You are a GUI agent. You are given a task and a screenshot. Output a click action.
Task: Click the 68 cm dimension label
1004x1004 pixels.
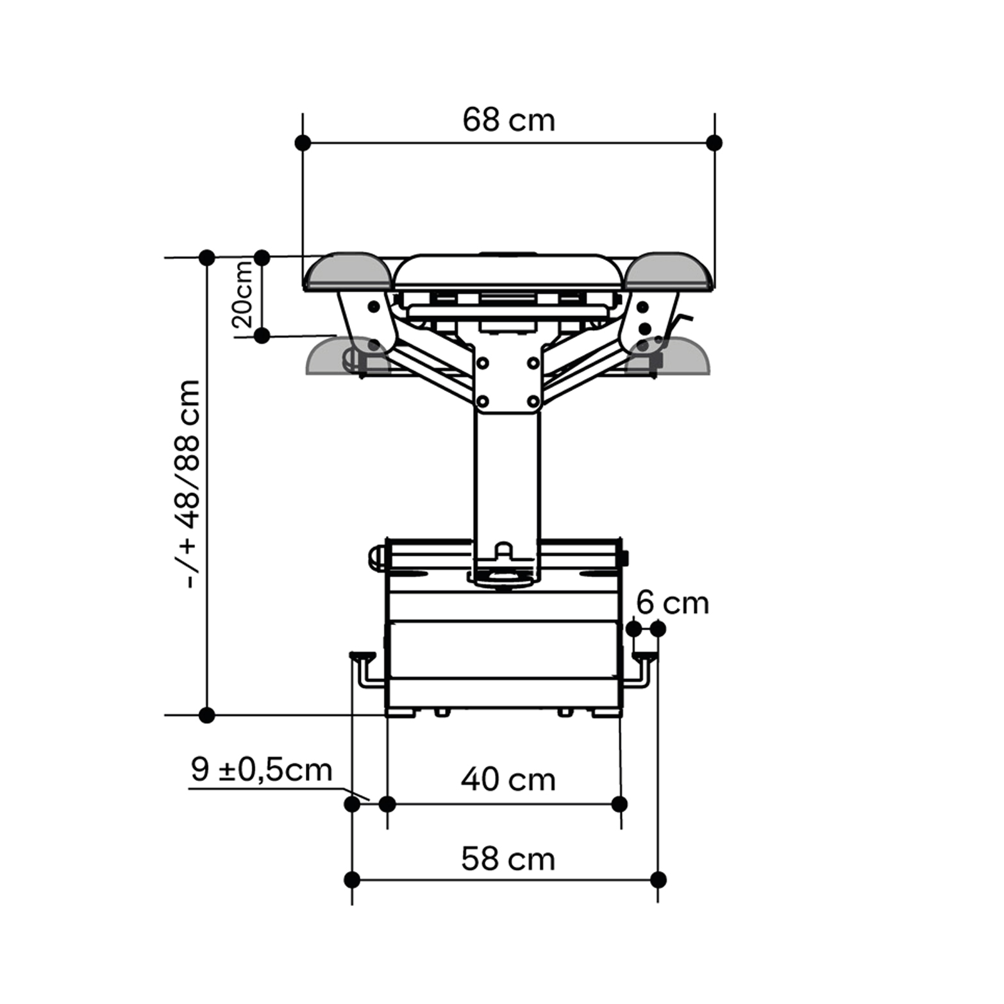point(508,120)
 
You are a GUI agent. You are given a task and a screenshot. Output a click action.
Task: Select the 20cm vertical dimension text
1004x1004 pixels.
point(244,294)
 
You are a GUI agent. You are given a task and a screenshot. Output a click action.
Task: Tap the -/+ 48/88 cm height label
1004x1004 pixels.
point(190,484)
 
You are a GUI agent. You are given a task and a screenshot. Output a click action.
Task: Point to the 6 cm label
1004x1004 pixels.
point(673,603)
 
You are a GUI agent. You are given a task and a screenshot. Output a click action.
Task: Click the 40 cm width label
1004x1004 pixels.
point(508,780)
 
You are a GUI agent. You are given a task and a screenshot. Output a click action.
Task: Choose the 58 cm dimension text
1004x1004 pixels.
point(508,859)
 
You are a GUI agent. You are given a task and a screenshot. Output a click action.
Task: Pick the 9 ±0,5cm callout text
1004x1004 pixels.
point(262,769)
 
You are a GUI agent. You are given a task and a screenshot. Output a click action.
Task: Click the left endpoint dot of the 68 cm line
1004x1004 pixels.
point(303,142)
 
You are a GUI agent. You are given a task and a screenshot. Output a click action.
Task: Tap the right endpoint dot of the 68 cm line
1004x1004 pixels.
point(714,142)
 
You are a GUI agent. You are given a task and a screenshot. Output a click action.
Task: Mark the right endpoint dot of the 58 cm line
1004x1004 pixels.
point(658,880)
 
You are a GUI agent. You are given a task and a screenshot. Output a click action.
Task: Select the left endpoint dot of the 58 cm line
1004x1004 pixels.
point(352,880)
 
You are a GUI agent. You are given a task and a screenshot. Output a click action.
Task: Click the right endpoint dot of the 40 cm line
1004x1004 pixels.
point(619,804)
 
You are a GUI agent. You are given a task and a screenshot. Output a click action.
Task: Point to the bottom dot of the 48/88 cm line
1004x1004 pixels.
point(206,715)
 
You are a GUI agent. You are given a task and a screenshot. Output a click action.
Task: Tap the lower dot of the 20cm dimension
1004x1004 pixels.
point(262,335)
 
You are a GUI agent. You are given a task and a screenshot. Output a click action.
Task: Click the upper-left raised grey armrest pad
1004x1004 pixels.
point(348,271)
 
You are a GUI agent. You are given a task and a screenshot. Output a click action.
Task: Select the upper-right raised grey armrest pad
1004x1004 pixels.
point(668,271)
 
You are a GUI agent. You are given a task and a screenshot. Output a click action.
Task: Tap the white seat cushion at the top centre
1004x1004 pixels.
point(508,271)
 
